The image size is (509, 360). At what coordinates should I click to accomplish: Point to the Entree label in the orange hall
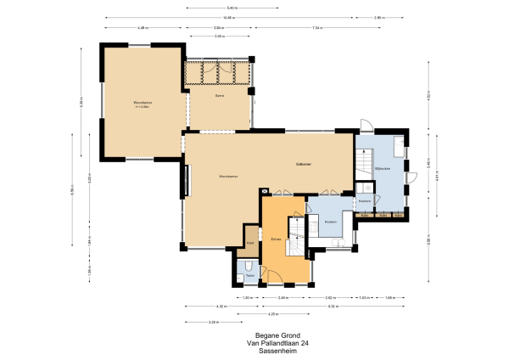pyautogui.click(x=276, y=239)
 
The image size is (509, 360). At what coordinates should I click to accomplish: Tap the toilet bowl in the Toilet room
pyautogui.click(x=246, y=266)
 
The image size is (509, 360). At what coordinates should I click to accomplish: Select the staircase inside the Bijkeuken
pyautogui.click(x=364, y=162)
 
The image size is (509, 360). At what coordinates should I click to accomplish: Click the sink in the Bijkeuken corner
pyautogui.click(x=413, y=177)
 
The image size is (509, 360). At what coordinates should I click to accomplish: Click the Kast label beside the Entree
pyautogui.click(x=250, y=242)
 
